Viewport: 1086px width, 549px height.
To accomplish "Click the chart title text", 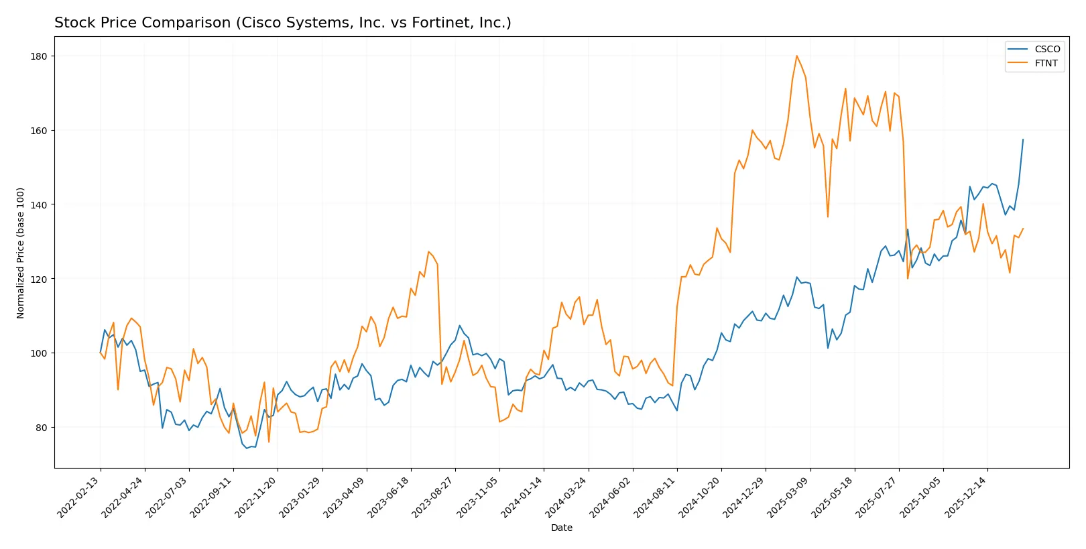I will point(282,23).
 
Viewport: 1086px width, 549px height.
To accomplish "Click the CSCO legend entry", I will point(1046,49).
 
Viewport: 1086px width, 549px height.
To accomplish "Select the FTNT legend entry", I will point(1046,63).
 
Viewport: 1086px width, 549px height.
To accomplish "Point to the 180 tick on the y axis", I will point(39,56).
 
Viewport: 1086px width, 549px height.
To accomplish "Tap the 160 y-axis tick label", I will point(39,131).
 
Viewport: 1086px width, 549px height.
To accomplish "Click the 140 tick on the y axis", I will point(39,204).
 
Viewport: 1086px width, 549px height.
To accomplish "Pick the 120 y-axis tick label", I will point(39,279).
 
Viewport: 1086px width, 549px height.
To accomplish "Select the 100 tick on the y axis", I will point(39,353).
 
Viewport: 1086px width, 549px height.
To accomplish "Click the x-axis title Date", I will point(561,528).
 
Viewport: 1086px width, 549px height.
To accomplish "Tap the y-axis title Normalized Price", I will point(21,253).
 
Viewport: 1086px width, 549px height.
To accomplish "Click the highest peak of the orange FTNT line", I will point(796,56).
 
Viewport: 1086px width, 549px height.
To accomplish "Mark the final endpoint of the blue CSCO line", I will point(1023,139).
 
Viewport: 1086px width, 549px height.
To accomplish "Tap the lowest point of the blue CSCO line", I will point(247,448).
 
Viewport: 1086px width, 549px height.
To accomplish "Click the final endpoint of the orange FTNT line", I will point(1023,229).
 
